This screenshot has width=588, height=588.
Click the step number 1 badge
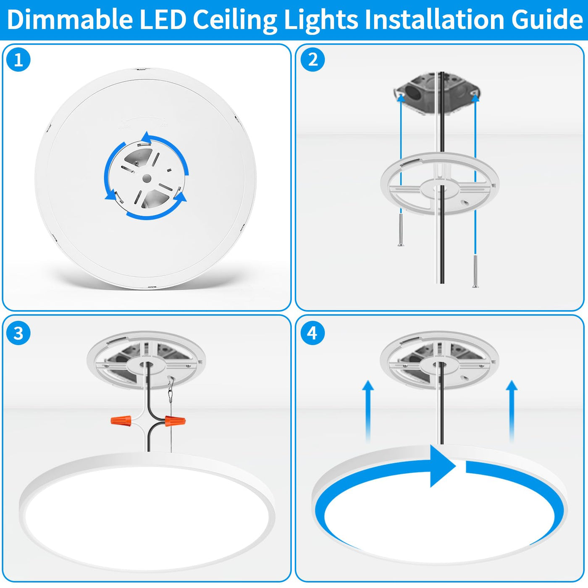[18, 60]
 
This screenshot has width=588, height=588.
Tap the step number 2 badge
[313, 60]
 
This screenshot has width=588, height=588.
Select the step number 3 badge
[18, 333]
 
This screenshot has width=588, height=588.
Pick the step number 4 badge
[313, 333]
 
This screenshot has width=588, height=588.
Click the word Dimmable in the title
[70, 19]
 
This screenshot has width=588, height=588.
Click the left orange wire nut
[121, 421]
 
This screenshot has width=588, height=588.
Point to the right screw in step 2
[475, 271]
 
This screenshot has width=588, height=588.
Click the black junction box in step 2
[437, 94]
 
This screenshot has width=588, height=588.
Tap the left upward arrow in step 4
[368, 411]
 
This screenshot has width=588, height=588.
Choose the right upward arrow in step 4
[512, 411]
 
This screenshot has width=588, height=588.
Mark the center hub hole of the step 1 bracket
[147, 178]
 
